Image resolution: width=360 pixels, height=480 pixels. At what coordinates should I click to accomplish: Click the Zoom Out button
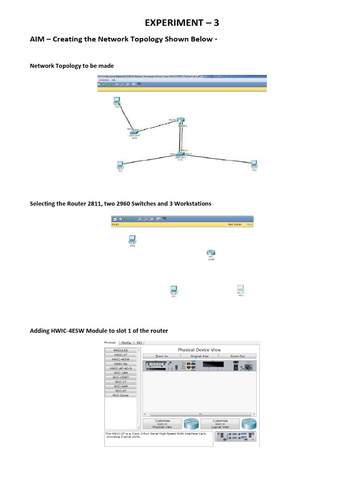pyautogui.click(x=237, y=356)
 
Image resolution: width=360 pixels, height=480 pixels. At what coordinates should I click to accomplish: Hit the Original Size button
pyautogui.click(x=199, y=356)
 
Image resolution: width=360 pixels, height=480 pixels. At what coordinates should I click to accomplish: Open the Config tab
pyautogui.click(x=126, y=343)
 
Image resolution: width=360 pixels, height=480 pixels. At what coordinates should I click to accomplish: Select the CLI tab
pyautogui.click(x=139, y=343)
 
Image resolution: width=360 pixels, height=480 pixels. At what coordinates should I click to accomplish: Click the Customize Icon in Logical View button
pyautogui.click(x=220, y=424)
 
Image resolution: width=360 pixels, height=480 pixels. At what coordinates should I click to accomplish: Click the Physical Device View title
pyautogui.click(x=199, y=350)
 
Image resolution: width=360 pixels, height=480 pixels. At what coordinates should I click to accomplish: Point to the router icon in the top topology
pyautogui.click(x=181, y=122)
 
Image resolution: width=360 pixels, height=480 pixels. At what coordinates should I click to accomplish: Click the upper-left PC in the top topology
pyautogui.click(x=116, y=101)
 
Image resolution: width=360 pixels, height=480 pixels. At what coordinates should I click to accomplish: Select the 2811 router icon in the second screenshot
pyautogui.click(x=210, y=254)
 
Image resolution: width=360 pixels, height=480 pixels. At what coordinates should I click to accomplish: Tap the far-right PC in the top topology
pyautogui.click(x=254, y=164)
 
